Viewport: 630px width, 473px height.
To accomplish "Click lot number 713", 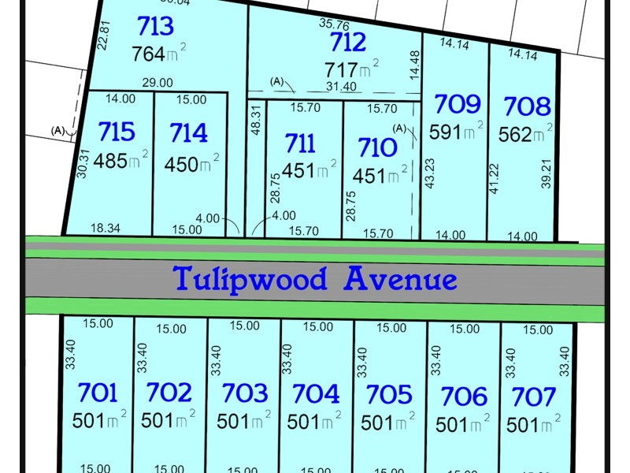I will (x=155, y=27).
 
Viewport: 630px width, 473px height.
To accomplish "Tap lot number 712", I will (x=348, y=41).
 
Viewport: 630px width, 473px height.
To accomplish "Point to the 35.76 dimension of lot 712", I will (x=335, y=24).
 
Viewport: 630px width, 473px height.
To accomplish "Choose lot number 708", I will (x=527, y=106).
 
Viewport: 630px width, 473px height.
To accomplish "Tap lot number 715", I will (x=117, y=132).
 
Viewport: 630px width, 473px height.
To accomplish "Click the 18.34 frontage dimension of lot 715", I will (x=105, y=229).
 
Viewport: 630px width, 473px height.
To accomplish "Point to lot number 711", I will (x=300, y=143).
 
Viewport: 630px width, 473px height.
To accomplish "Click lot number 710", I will (x=376, y=147).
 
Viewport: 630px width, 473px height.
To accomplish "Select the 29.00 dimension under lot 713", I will (x=157, y=82).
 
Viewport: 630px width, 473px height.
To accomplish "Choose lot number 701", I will (x=98, y=392).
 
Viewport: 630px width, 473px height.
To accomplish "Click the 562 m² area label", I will (x=524, y=134).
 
